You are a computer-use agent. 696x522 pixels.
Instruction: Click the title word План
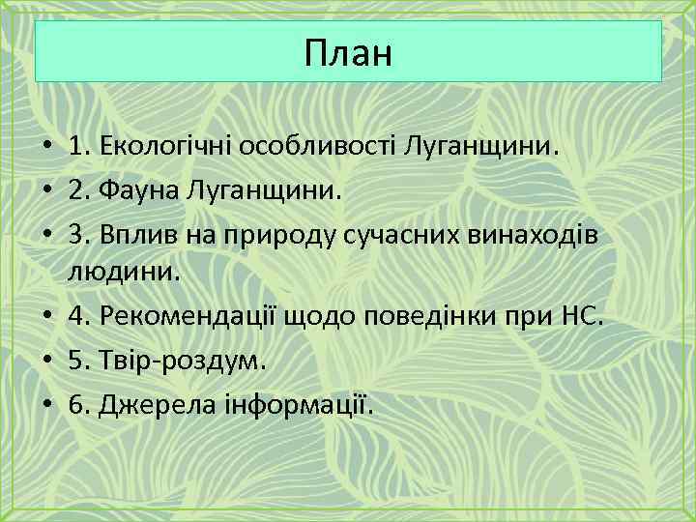coord(348,52)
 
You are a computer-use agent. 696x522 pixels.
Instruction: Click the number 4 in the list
coord(76,314)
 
